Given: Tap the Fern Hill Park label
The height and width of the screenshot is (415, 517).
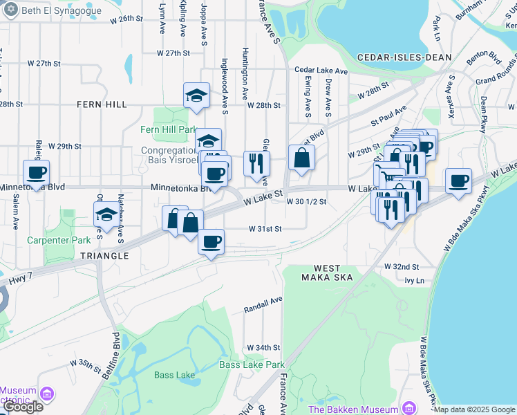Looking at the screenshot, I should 169,129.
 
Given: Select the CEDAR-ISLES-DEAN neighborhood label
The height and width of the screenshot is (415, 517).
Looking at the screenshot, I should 404,57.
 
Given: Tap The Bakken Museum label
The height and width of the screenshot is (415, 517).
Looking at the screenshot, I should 353,409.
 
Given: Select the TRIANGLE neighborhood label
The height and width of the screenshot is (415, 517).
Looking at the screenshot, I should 104,256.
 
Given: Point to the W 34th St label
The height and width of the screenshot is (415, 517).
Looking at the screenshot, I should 263,347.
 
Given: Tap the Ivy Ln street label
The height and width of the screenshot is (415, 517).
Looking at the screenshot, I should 413,280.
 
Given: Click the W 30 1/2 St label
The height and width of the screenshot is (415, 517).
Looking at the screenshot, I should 305,201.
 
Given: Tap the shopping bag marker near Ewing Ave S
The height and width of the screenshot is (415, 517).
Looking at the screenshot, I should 301,158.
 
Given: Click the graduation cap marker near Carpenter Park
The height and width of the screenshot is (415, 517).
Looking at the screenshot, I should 106,213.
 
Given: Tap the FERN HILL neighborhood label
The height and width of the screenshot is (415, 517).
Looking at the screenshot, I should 102,104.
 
